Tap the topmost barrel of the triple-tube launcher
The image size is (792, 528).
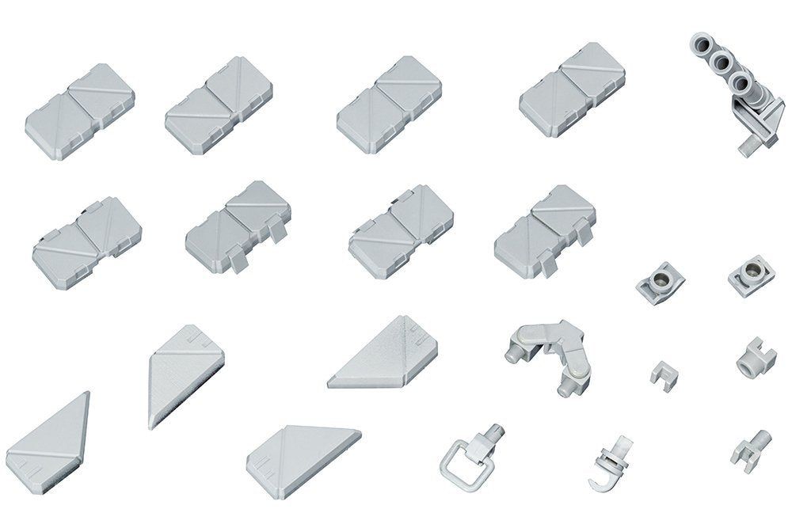coord(703,42)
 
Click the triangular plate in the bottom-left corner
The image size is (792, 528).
coord(51,436)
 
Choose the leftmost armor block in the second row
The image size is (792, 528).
coord(87,237)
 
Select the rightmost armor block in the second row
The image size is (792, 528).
coord(545,230)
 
